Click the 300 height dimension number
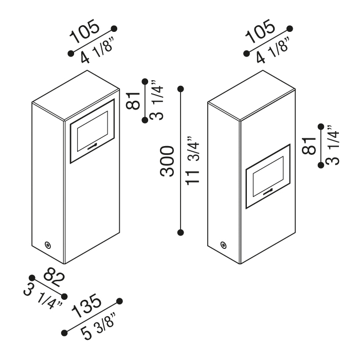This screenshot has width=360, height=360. [x=167, y=161]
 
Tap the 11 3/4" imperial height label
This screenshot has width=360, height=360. [x=192, y=160]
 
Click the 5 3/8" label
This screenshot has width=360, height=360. [x=98, y=326]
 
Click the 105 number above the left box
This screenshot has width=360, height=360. [x=85, y=31]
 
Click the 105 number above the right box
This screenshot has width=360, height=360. [x=260, y=31]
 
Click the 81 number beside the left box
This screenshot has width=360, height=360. [x=133, y=101]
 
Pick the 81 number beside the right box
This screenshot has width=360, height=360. [x=309, y=146]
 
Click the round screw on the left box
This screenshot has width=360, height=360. [x=48, y=245]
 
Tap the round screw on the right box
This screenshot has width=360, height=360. [x=223, y=245]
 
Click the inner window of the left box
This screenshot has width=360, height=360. [x=93, y=131]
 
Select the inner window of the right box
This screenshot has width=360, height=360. [x=268, y=176]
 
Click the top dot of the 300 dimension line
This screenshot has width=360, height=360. [x=181, y=89]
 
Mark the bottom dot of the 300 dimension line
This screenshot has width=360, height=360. [x=181, y=232]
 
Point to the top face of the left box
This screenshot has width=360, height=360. [x=76, y=95]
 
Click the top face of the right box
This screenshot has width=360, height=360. [x=251, y=95]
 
